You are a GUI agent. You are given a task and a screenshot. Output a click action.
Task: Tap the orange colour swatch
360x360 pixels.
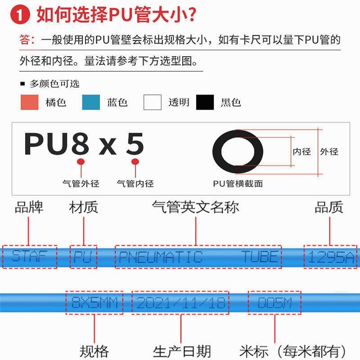29,103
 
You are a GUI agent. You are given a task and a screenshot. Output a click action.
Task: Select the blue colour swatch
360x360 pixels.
91,103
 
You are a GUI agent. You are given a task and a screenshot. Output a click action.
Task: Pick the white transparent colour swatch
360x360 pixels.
152,103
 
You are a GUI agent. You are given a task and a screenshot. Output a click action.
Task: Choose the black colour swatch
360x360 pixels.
205,103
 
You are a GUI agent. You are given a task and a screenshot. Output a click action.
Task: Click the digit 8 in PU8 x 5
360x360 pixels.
81,144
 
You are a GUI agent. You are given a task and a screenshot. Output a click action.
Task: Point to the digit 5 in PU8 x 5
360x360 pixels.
135,144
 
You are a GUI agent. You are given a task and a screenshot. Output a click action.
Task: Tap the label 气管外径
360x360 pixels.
81,184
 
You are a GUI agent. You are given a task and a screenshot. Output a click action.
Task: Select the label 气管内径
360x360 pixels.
135,184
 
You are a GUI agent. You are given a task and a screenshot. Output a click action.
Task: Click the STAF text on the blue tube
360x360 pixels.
30,257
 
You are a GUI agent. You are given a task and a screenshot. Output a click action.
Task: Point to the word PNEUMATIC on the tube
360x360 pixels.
160,257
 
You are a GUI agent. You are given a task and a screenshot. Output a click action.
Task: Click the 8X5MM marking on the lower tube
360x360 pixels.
94,302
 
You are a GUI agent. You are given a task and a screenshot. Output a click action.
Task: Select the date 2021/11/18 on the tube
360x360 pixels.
180,302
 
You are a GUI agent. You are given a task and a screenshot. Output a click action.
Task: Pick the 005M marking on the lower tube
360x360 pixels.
274,302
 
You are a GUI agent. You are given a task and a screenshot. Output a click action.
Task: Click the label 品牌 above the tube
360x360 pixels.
29,207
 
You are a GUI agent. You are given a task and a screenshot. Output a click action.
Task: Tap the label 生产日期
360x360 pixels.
182,351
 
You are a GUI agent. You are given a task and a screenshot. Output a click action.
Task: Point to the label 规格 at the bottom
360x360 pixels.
94,351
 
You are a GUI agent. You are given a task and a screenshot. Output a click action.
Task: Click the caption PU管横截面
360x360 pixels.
238,184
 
